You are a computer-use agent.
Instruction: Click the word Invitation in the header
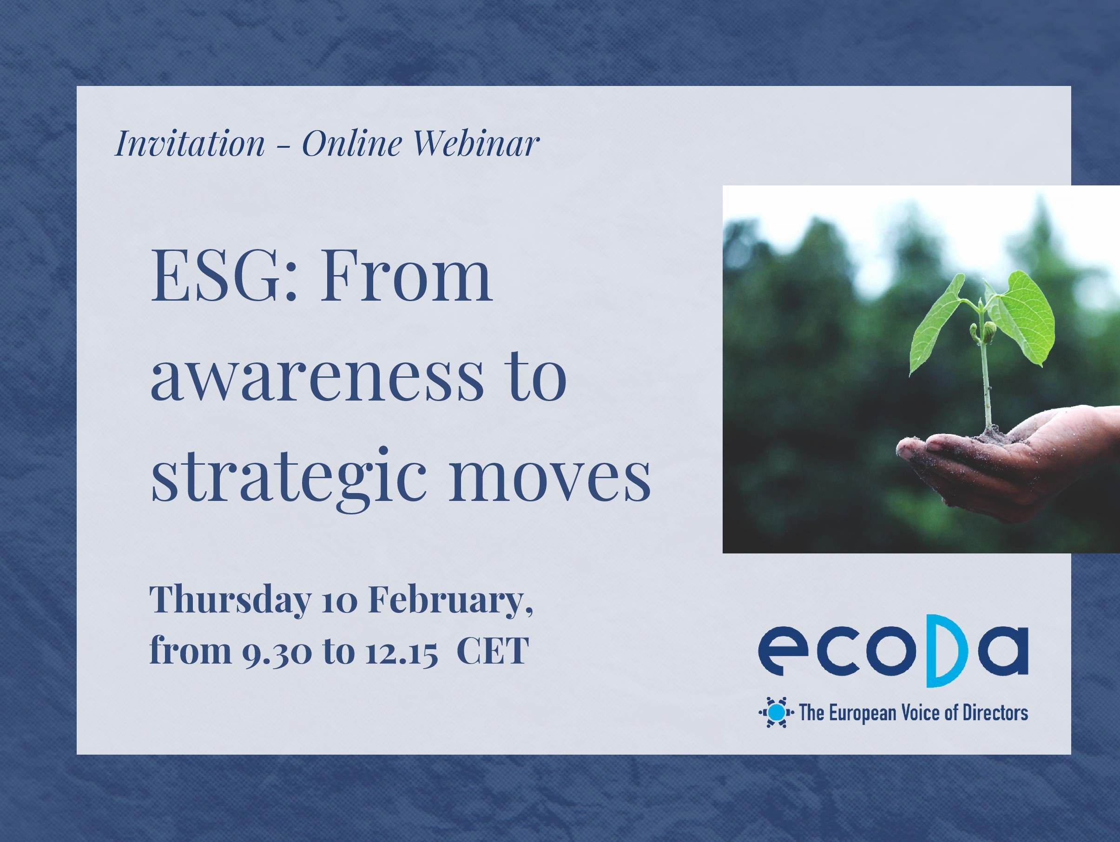(x=190, y=143)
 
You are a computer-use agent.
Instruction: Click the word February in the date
(x=450, y=600)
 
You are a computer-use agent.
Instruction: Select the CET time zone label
(x=493, y=651)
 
